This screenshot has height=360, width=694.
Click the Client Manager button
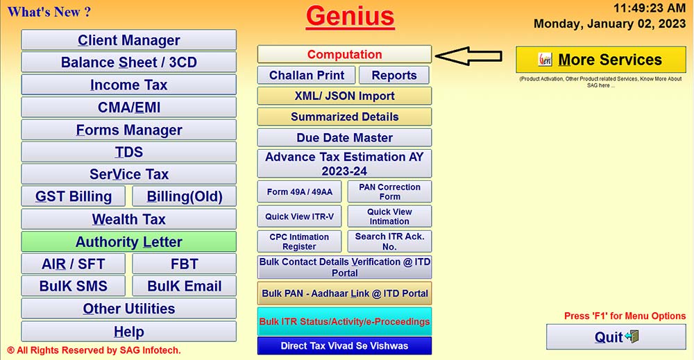[128, 40]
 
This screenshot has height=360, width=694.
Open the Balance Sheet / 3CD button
[128, 62]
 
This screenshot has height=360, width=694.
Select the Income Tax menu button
[128, 85]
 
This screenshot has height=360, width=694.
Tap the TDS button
[128, 152]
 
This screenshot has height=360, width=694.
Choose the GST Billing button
[74, 196]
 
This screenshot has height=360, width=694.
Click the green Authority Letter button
[128, 242]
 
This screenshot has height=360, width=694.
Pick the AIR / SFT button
[74, 264]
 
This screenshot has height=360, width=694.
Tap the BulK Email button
[184, 286]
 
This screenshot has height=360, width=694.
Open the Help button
[128, 331]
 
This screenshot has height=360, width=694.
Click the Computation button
[344, 54]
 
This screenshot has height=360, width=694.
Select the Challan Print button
[306, 75]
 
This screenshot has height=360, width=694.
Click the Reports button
[393, 75]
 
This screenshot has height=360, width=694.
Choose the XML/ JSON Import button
[344, 96]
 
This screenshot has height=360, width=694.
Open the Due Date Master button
[344, 137]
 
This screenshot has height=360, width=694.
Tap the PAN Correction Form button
[389, 191]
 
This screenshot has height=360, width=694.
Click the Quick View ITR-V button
[299, 216]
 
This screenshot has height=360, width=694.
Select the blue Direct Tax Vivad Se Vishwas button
[344, 345]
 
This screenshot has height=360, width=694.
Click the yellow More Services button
[600, 60]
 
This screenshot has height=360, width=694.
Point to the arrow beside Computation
[473, 55]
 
